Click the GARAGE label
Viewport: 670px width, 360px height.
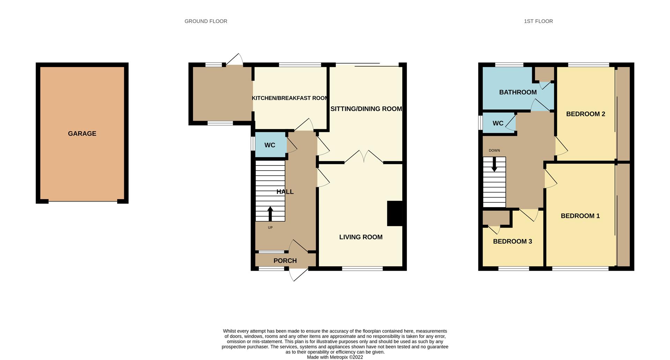[x=82, y=134]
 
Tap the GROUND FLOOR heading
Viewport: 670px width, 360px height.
[x=206, y=21]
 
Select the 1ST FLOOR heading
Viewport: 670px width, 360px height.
[x=538, y=21]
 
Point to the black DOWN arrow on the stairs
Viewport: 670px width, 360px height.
[x=494, y=164]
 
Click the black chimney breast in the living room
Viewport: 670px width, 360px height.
[x=395, y=213]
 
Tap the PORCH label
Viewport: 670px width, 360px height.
[x=285, y=261]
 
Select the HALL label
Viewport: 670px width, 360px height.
[x=285, y=192]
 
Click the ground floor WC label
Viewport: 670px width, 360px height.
[x=270, y=145]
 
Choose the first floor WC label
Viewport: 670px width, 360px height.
[x=498, y=123]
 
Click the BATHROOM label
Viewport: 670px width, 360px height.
[x=518, y=92]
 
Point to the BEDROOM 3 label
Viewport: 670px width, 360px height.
[x=512, y=241]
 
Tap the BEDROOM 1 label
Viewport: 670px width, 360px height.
[x=580, y=216]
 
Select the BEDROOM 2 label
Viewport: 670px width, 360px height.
[x=586, y=114]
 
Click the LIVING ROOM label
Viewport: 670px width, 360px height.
[x=361, y=237]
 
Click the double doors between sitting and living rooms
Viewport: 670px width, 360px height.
[x=364, y=157]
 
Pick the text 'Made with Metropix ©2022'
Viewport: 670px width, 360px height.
[x=335, y=357]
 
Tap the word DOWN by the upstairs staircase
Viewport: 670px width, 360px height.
[x=494, y=151]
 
